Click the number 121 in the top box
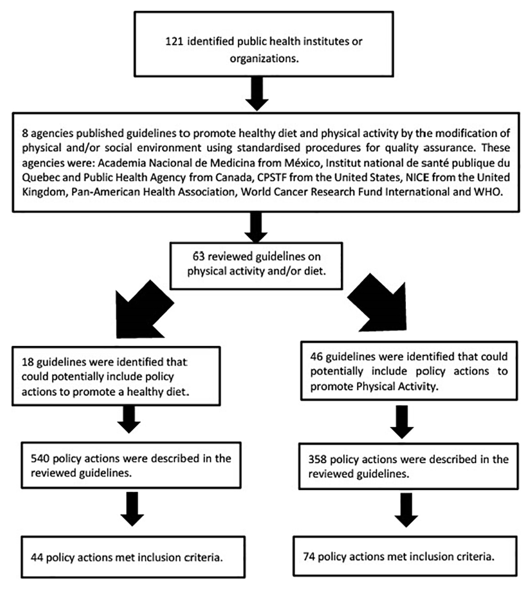tap(174, 41)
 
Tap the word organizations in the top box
tap(264, 58)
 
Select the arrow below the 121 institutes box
tap(257, 94)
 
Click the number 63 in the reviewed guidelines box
tap(198, 256)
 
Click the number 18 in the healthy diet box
tap(28, 362)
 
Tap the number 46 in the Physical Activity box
tap(316, 357)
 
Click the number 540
tap(40, 458)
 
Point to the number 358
tap(318, 459)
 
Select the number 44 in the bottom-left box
tap(37, 558)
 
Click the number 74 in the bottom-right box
tap(309, 556)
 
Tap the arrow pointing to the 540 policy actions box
tap(129, 419)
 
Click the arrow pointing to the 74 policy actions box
tap(406, 510)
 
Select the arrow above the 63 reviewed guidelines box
tap(256, 227)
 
